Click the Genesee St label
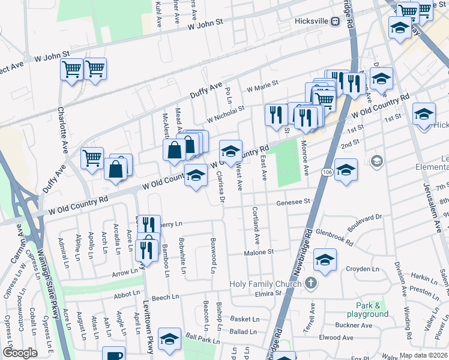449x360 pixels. tap(292, 203)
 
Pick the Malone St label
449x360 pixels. tap(259, 253)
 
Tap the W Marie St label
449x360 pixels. tap(261, 84)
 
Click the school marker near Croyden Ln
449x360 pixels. tap(325, 259)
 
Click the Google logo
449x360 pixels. tap(20, 353)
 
